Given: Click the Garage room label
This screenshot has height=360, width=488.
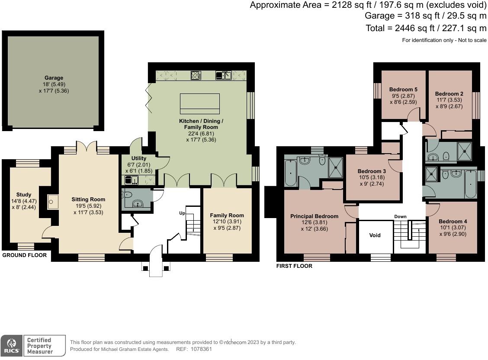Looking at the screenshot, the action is pyautogui.click(x=54, y=78).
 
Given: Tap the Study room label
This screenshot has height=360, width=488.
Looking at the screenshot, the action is pyautogui.click(x=24, y=194).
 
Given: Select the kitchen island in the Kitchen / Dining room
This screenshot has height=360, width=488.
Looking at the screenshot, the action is pyautogui.click(x=200, y=103).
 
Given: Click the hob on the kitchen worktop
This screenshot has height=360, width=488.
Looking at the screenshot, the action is pyautogui.click(x=196, y=75).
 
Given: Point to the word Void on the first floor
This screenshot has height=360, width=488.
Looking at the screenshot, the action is pyautogui.click(x=375, y=235).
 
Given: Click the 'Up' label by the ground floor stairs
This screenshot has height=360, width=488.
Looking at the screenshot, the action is pyautogui.click(x=182, y=213).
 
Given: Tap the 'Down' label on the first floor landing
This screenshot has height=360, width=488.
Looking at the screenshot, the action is pyautogui.click(x=400, y=216).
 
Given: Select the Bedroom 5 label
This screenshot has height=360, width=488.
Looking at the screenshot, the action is pyautogui.click(x=403, y=89).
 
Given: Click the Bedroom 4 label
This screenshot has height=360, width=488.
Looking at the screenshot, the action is pyautogui.click(x=453, y=221).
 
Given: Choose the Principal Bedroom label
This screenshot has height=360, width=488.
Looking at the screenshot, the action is pyautogui.click(x=315, y=216).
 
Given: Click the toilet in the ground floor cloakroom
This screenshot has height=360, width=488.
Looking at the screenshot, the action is pyautogui.click(x=127, y=195).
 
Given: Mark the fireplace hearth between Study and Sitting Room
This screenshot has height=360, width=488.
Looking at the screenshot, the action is pyautogui.click(x=53, y=202).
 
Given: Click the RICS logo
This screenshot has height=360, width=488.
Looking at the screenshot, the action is pyautogui.click(x=12, y=346).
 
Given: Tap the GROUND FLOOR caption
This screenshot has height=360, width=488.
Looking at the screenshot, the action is pyautogui.click(x=25, y=255).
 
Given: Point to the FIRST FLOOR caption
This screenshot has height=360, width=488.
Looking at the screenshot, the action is pyautogui.click(x=294, y=266).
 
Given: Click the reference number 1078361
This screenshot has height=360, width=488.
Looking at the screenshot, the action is pyautogui.click(x=201, y=349).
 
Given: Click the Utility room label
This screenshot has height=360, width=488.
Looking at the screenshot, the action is pyautogui.click(x=139, y=158).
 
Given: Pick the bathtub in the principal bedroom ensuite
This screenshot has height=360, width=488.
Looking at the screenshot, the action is pyautogui.click(x=290, y=173).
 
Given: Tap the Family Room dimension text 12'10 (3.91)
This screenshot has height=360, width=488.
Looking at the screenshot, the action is pyautogui.click(x=227, y=222).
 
